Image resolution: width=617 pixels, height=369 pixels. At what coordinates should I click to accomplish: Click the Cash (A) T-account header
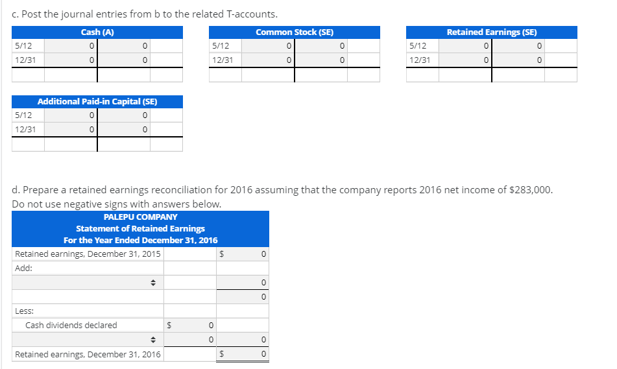[x=97, y=32]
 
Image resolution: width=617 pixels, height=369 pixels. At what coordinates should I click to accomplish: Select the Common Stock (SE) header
[x=295, y=32]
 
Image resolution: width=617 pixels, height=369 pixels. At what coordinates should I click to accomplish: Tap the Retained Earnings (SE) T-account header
[x=491, y=32]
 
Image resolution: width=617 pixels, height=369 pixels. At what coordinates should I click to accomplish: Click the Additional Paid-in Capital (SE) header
[x=97, y=101]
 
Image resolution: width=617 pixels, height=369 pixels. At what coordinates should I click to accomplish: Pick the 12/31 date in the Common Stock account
[x=223, y=60]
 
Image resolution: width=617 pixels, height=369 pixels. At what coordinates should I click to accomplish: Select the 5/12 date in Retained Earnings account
[x=418, y=46]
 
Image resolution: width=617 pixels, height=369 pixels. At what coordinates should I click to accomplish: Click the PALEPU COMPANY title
[x=140, y=217]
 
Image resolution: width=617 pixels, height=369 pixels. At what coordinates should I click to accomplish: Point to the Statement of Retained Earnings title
[x=140, y=228]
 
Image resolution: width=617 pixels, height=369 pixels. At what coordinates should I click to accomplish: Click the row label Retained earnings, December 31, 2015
[x=88, y=254]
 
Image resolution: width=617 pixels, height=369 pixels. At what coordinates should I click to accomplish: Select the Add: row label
[x=23, y=268]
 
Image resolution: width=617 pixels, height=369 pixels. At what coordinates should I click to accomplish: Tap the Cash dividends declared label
[x=71, y=325]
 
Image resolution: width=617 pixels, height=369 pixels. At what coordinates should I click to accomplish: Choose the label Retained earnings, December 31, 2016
[x=88, y=354]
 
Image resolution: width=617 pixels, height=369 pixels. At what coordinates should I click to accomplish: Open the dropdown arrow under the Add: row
[x=154, y=283]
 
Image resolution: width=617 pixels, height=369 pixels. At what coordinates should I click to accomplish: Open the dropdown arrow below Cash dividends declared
[x=154, y=339]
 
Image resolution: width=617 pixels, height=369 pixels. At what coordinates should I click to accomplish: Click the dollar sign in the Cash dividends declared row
[x=170, y=325]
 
